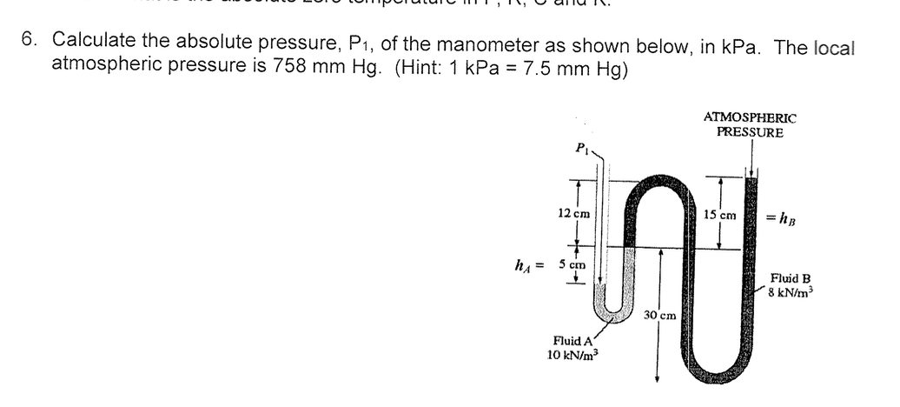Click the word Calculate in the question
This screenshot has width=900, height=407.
(x=94, y=40)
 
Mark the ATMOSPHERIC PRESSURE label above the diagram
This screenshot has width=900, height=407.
(x=750, y=125)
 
